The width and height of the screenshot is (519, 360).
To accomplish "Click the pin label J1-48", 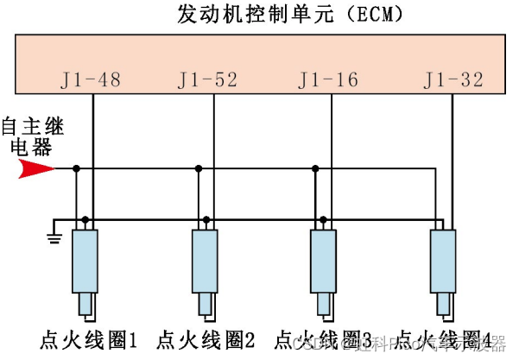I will coord(91,81).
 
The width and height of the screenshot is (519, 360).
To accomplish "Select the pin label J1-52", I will coord(209,81).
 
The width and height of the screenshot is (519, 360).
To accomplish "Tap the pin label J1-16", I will coord(328,81).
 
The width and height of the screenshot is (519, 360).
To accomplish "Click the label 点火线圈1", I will coord(89,339).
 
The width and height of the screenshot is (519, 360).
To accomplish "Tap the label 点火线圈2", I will coord(207,339).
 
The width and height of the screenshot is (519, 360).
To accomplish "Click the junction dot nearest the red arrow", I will coord(77,168).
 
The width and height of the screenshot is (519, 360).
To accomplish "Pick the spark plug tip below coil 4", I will coord(444,306).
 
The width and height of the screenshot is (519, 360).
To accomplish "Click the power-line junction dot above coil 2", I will coord(198,168).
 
